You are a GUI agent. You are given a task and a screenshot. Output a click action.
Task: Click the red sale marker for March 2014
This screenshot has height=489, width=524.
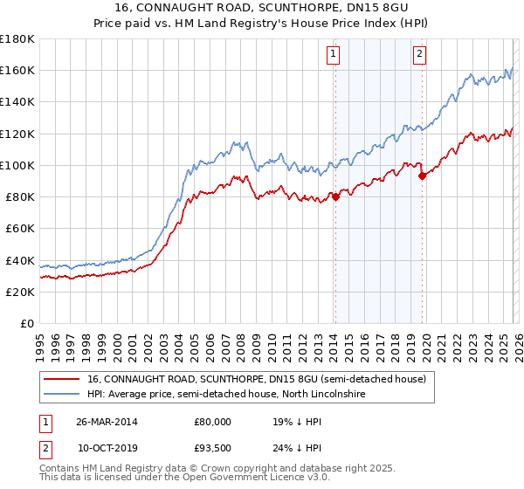pos(335,196)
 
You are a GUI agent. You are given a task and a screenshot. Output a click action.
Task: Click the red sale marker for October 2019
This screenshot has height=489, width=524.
pos(422,176)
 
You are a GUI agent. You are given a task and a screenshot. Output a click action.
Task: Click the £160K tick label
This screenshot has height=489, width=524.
pos(17,70)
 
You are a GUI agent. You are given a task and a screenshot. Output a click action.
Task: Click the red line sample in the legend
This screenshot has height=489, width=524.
pos(61,380)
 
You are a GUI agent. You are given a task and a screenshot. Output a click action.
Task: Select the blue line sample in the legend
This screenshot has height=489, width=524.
pos(61,395)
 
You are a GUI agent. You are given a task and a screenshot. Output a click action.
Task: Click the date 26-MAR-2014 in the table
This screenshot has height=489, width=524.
pos(107,422)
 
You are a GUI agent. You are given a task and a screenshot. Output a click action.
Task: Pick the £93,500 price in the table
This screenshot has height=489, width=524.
pos(212,448)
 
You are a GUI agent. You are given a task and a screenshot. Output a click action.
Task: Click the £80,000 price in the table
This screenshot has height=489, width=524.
pos(212,422)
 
